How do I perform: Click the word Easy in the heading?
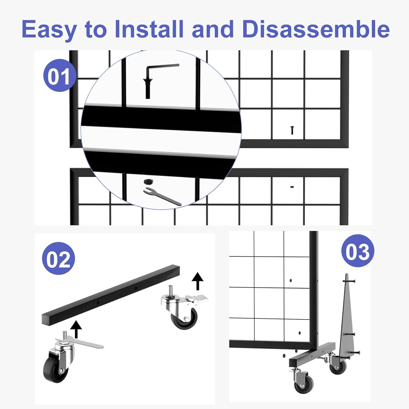point(49,29)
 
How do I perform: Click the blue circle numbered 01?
point(59,76)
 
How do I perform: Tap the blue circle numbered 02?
point(58,258)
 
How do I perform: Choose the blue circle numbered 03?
point(357,251)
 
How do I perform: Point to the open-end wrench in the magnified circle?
point(162,196)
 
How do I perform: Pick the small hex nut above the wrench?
point(148,182)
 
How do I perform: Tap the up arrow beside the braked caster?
point(197,281)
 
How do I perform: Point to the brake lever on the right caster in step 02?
point(196,299)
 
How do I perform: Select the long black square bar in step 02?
point(110,295)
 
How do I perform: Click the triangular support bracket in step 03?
point(347,319)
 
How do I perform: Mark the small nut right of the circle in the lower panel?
point(292,187)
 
